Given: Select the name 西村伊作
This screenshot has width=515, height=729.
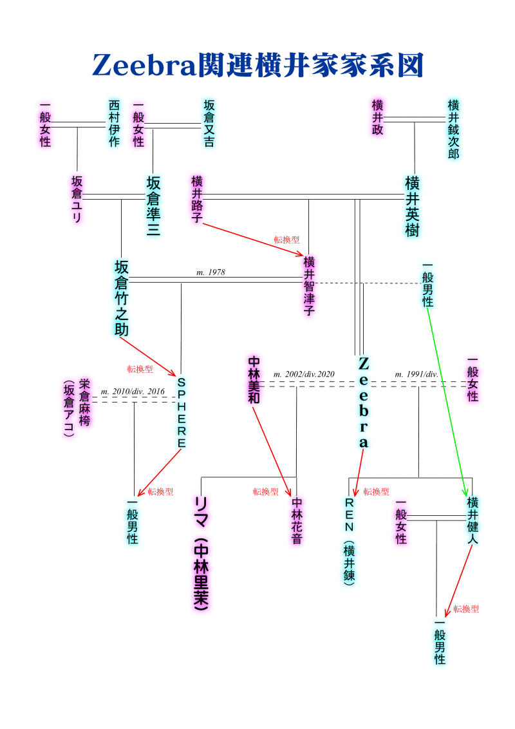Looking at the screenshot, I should [x=114, y=123].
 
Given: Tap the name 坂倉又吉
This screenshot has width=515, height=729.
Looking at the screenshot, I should [x=209, y=123].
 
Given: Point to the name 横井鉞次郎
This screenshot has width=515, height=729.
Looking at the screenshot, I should [x=454, y=129].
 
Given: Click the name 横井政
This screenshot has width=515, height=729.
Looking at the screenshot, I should [x=378, y=117].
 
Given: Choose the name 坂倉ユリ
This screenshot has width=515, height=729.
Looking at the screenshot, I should [x=77, y=199].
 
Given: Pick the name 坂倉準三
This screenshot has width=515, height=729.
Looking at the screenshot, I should [x=153, y=206].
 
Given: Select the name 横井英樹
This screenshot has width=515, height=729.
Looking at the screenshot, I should [x=413, y=206].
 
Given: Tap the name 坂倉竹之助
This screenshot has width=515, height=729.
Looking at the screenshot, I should [x=122, y=298].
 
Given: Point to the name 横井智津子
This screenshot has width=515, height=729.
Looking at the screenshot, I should [x=309, y=285].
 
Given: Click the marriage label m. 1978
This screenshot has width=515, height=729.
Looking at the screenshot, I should [x=211, y=272].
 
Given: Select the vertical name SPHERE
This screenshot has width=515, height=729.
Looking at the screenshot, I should [x=181, y=412].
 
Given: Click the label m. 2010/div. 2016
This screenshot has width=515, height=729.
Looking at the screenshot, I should [x=133, y=391].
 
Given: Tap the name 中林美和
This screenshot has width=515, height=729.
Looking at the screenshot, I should [x=254, y=380].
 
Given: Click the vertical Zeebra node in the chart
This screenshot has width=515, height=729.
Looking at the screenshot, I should [x=363, y=402].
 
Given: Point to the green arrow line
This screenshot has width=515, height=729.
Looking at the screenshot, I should [x=447, y=399].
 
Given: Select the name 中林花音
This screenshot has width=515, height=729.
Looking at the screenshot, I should [x=297, y=520].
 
